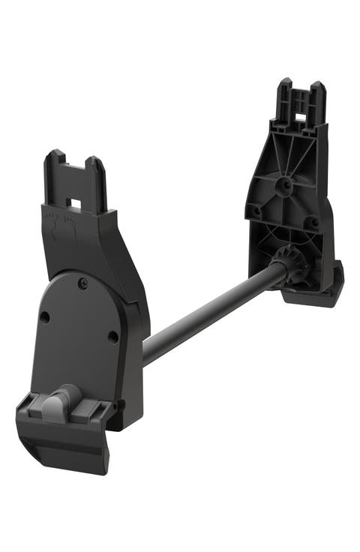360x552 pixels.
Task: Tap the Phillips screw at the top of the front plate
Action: pyautogui.click(x=83, y=282)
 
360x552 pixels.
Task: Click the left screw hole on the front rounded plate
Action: pyautogui.click(x=44, y=317)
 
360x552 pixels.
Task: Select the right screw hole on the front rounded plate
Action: pyautogui.click(x=112, y=337)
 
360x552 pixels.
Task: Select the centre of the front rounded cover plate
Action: pyautogui.click(x=79, y=337)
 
